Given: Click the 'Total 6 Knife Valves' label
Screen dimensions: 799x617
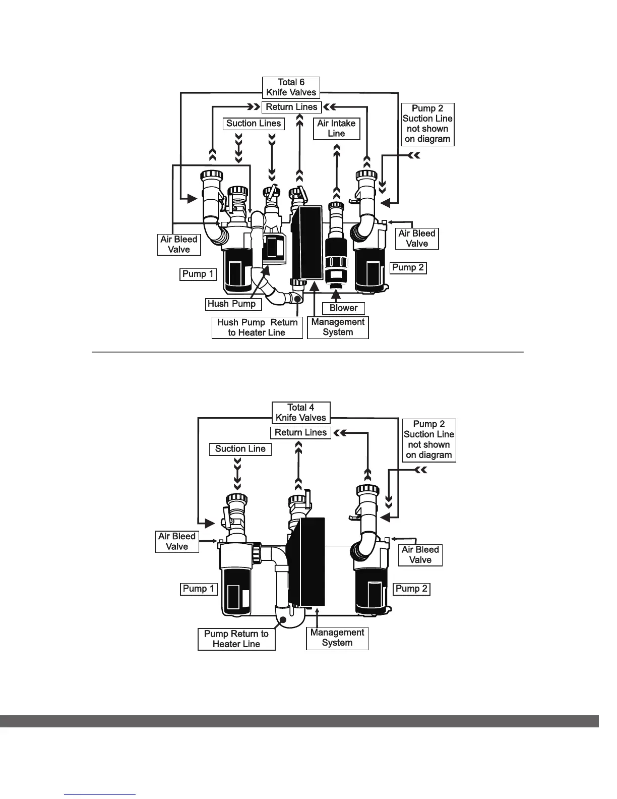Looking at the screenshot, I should click(x=291, y=87).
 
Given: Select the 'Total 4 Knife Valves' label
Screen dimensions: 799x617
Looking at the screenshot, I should click(x=300, y=413).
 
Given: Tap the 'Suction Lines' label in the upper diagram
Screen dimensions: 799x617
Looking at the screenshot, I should click(x=253, y=124).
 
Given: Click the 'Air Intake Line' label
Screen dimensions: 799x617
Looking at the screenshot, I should click(x=336, y=128).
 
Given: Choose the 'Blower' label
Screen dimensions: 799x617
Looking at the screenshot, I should click(x=343, y=308).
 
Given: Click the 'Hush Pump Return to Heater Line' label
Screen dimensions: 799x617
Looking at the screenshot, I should click(x=257, y=327).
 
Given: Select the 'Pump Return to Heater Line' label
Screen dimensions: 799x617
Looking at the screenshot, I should click(x=236, y=639).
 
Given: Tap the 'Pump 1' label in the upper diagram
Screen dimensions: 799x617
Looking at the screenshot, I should click(x=198, y=274).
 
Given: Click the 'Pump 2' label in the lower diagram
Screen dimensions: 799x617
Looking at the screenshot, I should click(x=411, y=589).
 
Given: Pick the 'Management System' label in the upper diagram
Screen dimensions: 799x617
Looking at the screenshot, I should click(x=338, y=327).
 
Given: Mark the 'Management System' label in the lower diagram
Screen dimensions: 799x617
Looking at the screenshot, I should click(x=337, y=638).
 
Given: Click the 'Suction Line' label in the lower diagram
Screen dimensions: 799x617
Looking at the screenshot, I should click(x=240, y=449).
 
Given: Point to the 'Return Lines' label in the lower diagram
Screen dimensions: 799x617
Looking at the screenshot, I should click(x=300, y=432).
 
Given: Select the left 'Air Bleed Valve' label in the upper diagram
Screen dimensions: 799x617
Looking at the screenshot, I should click(x=178, y=244).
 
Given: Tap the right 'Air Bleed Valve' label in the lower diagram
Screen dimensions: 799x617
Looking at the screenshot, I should click(x=420, y=555).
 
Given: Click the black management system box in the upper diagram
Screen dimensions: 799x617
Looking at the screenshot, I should click(x=307, y=242).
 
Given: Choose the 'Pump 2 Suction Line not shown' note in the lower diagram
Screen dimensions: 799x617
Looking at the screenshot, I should click(x=428, y=440).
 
